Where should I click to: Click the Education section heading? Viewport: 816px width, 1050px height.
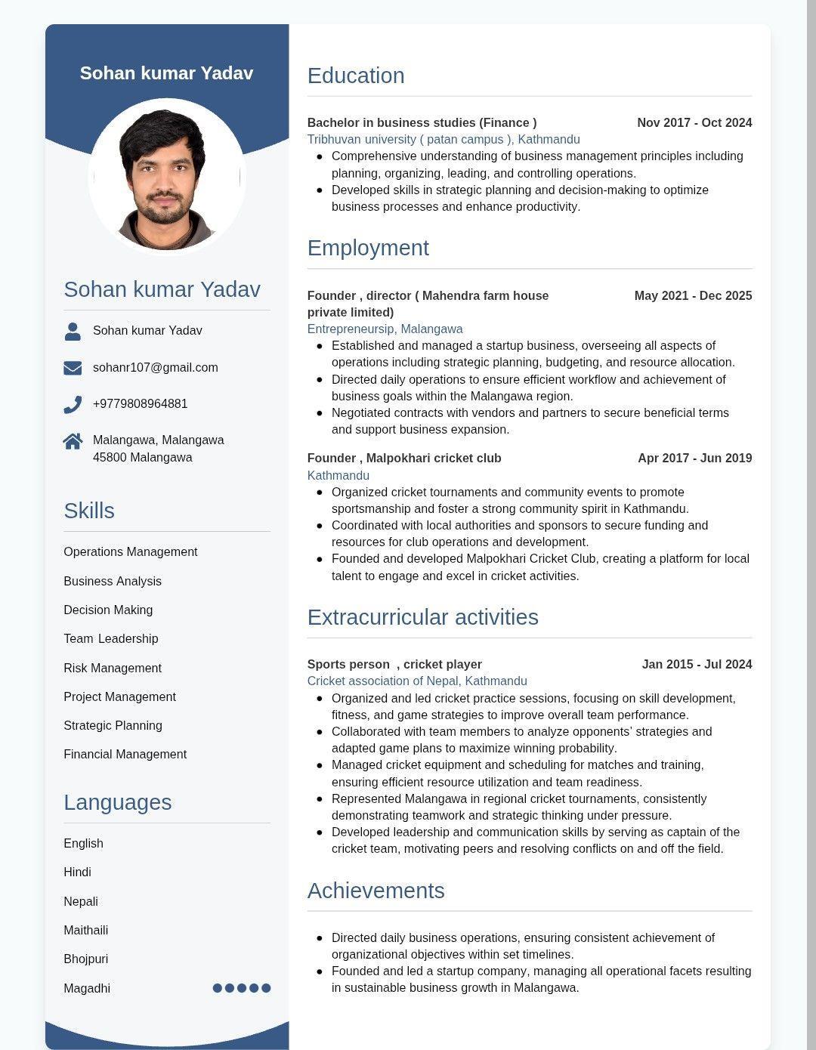point(356,76)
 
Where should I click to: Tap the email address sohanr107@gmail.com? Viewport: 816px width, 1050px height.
point(155,367)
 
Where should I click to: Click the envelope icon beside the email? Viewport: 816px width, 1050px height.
point(73,368)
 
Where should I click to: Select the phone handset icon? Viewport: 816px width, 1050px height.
point(73,405)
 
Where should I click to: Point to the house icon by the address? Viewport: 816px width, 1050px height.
point(73,441)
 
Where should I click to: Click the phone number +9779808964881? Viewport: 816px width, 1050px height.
point(140,403)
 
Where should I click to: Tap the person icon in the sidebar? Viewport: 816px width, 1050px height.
point(73,331)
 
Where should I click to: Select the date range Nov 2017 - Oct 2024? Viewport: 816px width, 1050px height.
point(694,122)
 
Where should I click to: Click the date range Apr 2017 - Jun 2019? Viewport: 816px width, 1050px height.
point(694,458)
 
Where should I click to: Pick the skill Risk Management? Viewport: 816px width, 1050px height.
point(113,668)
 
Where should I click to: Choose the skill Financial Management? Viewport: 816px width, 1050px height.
point(125,754)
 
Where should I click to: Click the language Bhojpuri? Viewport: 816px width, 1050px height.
point(85,959)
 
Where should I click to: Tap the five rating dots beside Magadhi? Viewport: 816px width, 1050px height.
point(242,988)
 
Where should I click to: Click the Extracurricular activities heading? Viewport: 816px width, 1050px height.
point(422,617)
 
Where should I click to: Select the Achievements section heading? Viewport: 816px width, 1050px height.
point(376,891)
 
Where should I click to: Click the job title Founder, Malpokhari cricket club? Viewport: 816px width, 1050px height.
point(404,458)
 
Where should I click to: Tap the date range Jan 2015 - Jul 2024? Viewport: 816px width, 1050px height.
point(697,664)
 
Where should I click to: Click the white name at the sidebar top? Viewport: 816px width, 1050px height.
point(166,73)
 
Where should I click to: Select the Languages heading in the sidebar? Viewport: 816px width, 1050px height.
point(117,802)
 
